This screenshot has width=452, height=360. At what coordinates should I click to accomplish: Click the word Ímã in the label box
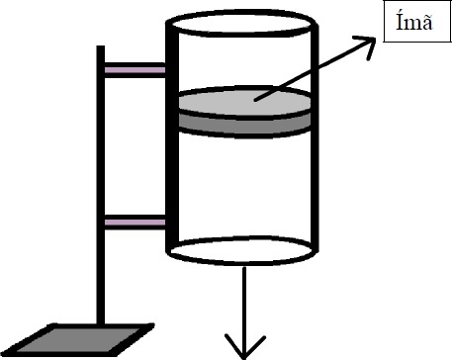pos(414,23)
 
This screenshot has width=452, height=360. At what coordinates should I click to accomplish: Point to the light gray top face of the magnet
pos(244,102)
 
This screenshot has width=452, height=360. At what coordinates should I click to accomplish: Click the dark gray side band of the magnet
pos(244,125)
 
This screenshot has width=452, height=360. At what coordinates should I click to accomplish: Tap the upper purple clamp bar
pos(135,70)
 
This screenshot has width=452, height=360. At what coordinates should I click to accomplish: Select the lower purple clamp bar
pos(135,223)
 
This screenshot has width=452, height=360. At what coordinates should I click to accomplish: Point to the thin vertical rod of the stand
pos(101,185)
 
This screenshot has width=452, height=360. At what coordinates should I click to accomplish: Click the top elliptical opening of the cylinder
pos(241,24)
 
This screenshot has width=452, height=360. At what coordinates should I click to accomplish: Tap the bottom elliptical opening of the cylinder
pos(241,251)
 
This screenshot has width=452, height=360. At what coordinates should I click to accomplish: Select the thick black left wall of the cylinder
pos(172,136)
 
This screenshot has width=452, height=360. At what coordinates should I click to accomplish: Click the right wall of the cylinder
pos(315,136)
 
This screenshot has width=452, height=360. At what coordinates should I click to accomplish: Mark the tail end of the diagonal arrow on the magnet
pos(255,100)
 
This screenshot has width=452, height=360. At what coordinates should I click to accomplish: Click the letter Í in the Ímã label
pos(401,23)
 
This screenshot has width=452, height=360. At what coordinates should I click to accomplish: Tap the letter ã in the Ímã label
pos(426,24)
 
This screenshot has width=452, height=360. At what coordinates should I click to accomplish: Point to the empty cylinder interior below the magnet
pos(244,186)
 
